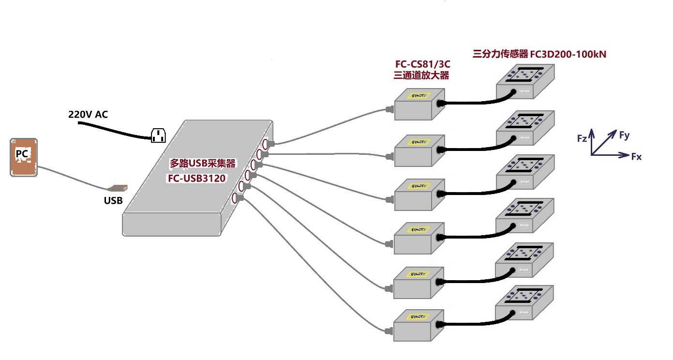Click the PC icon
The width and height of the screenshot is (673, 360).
(24, 157)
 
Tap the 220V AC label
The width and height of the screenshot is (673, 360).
(88, 114)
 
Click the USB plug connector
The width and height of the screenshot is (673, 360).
(118, 188)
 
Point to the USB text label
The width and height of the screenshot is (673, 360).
(113, 200)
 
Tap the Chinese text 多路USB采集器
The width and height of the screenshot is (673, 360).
(203, 164)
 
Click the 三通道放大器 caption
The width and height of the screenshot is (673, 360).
(422, 75)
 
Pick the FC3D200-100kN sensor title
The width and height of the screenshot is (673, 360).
(539, 55)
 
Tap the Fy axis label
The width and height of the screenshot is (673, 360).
(625, 135)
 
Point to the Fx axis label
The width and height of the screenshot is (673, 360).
(636, 157)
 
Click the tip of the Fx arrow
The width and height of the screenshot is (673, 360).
(628, 155)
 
